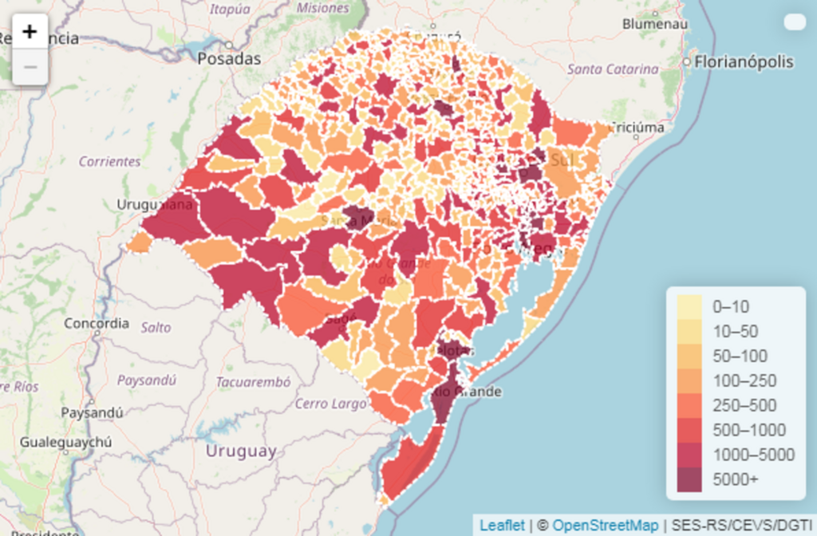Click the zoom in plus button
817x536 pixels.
click(x=30, y=32)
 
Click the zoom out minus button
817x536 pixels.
click(x=30, y=67)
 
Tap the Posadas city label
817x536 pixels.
click(x=229, y=59)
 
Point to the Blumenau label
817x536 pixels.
click(x=655, y=24)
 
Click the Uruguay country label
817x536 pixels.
click(x=241, y=451)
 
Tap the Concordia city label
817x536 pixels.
click(x=96, y=324)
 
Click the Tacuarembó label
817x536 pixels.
click(x=253, y=382)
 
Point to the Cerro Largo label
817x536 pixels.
click(x=330, y=404)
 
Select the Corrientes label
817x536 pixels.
click(x=109, y=161)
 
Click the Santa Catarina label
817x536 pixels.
click(x=613, y=69)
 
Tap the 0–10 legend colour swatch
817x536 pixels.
click(x=689, y=306)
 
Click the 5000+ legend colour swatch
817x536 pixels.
click(x=689, y=479)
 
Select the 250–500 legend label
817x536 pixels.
click(x=744, y=405)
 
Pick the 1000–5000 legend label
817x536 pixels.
click(x=754, y=455)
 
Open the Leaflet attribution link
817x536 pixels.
click(x=503, y=525)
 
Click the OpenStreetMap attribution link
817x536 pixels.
click(x=606, y=525)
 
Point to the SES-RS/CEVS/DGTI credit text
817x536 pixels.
click(x=740, y=525)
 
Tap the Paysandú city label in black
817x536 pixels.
click(x=93, y=413)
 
